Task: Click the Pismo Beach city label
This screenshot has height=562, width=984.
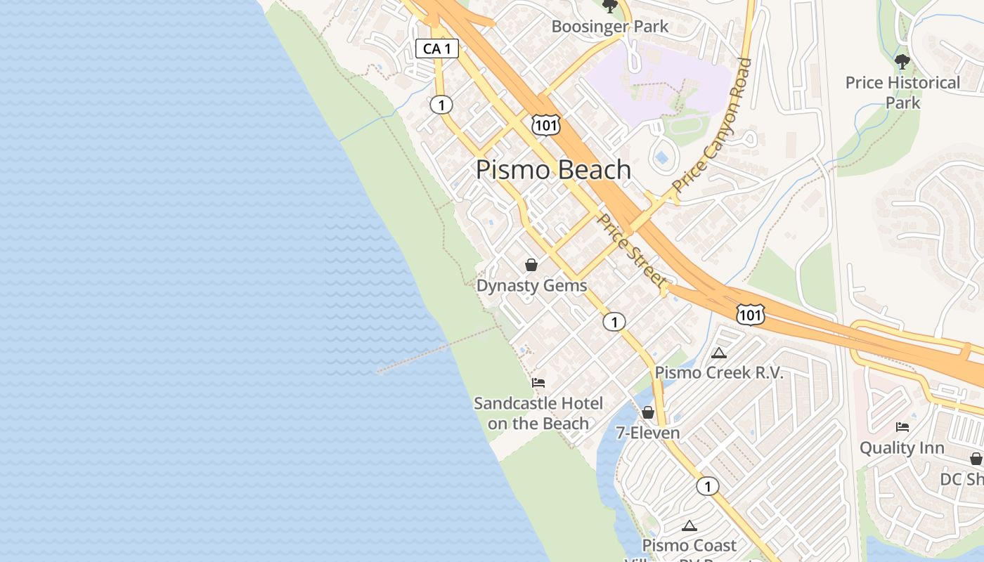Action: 553,170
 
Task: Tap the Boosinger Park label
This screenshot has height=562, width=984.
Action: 609,27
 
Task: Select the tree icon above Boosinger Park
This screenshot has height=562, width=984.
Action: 609,6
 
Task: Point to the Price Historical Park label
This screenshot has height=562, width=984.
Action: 902,92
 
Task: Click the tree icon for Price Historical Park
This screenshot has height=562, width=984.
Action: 902,62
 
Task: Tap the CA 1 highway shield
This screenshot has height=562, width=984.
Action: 437,48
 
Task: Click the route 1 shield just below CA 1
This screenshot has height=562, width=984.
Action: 441,105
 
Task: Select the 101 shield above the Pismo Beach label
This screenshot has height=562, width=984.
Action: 545,125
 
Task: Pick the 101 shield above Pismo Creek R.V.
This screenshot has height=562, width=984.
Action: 750,315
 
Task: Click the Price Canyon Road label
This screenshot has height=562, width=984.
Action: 712,127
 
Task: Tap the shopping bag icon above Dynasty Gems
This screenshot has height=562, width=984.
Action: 531,265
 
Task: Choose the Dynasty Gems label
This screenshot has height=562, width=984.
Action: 531,286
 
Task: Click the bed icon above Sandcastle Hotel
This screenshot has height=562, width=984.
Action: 538,383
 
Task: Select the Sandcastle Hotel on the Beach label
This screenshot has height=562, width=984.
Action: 538,413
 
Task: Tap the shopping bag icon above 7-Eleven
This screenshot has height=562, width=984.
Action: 648,412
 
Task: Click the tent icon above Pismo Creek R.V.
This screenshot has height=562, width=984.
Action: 718,353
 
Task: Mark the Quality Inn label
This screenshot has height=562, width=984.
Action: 902,447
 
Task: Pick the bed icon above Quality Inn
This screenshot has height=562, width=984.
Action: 902,426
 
